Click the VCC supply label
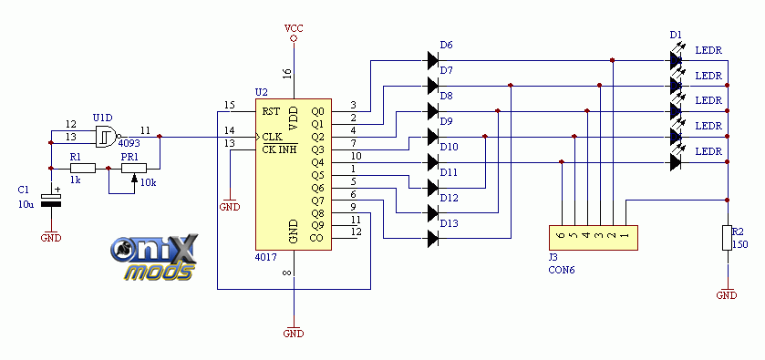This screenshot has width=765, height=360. click(x=294, y=28)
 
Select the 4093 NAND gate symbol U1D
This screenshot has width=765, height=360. click(x=109, y=137)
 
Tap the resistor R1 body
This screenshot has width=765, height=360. click(x=83, y=169)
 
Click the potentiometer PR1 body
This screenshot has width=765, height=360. click(x=134, y=169)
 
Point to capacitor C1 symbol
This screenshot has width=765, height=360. click(x=51, y=199)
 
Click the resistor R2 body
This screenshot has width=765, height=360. click(x=728, y=238)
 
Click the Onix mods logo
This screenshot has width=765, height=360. click(x=154, y=258)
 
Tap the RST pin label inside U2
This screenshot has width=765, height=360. click(x=271, y=111)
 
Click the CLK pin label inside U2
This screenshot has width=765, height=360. click(x=273, y=136)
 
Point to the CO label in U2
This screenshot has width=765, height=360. click(x=316, y=238)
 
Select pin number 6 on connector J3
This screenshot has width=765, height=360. click(x=562, y=234)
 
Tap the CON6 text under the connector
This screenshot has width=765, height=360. click(x=562, y=269)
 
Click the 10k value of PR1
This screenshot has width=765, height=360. click(x=149, y=182)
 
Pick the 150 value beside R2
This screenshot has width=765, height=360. click(x=740, y=244)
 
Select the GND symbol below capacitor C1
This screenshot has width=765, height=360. click(x=51, y=236)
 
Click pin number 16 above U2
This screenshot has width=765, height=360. click(x=286, y=74)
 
